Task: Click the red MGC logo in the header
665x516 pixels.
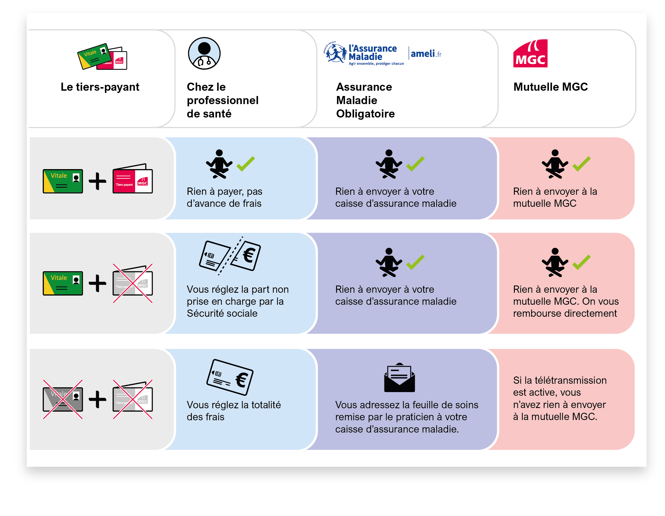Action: [x=530, y=53]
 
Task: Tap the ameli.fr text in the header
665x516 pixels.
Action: [x=426, y=54]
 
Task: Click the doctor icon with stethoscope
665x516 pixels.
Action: [x=204, y=53]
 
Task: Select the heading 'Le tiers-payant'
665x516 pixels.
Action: [x=100, y=87]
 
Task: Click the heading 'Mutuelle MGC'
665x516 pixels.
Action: [x=550, y=87]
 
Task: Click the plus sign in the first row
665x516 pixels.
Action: [x=97, y=181]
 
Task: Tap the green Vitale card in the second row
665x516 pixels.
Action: [x=63, y=283]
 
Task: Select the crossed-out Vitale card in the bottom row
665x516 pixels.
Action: [x=63, y=399]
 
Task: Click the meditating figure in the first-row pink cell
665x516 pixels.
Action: [x=554, y=164]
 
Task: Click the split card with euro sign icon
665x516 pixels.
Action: [x=229, y=255]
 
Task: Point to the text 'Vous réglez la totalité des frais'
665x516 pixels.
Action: [x=234, y=411]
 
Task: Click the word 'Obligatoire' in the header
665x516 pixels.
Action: [x=365, y=114]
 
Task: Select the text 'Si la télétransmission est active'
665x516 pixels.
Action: [x=559, y=386]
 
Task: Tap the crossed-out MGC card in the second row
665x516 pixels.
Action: [x=132, y=283]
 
